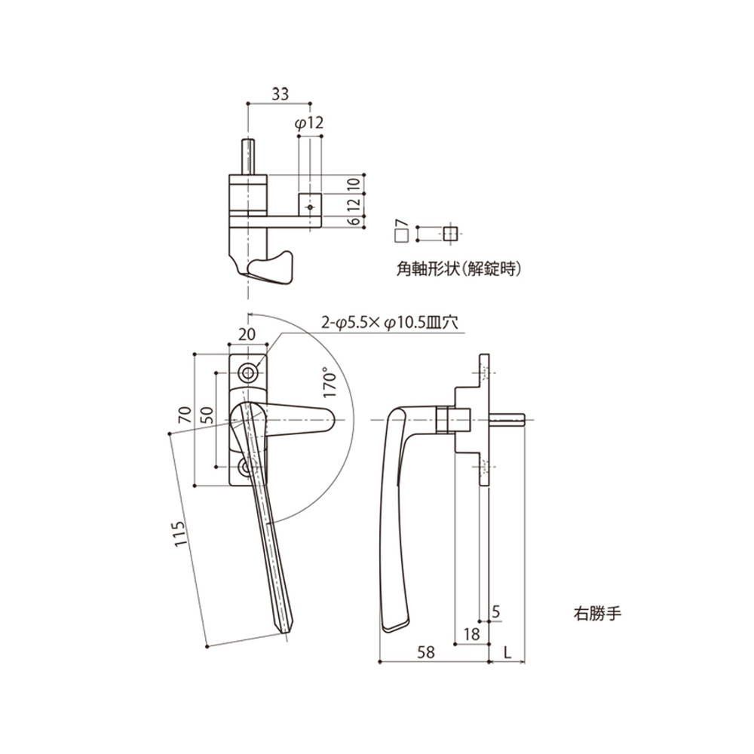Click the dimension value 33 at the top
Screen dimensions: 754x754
click(280, 94)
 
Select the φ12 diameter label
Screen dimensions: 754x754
click(310, 123)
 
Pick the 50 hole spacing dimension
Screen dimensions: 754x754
click(207, 415)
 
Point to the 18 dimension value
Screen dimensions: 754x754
click(472, 635)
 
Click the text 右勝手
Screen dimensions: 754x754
click(595, 614)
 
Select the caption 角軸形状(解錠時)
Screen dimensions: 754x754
click(458, 268)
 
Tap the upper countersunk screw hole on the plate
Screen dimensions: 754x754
click(248, 373)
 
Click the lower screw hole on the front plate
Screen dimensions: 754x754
click(248, 469)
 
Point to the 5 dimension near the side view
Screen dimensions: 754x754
click(495, 612)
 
